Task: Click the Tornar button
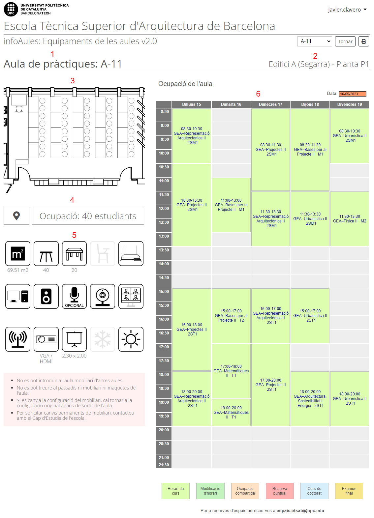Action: pyautogui.click(x=345, y=42)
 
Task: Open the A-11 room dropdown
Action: pyautogui.click(x=315, y=42)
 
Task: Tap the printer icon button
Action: pyautogui.click(x=363, y=42)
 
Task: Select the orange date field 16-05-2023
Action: pyautogui.click(x=352, y=94)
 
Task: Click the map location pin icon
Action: pyautogui.click(x=16, y=216)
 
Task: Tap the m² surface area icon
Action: pyautogui.click(x=18, y=254)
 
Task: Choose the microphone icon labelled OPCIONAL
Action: pyautogui.click(x=74, y=297)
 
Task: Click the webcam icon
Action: pyautogui.click(x=103, y=297)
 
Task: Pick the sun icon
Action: pyautogui.click(x=131, y=339)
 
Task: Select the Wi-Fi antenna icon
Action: pyautogui.click(x=18, y=339)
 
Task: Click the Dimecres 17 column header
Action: pyautogui.click(x=270, y=104)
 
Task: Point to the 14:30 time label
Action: pyautogui.click(x=164, y=278)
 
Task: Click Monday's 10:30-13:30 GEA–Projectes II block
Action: pyautogui.click(x=192, y=205)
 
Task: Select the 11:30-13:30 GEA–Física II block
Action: pyautogui.click(x=350, y=219)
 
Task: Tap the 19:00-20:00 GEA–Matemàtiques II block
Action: pyautogui.click(x=231, y=412)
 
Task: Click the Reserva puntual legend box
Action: pyautogui.click(x=280, y=491)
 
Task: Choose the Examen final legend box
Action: pyautogui.click(x=349, y=491)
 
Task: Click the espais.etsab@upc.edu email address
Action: pyautogui.click(x=300, y=511)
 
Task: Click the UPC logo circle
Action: pyautogui.click(x=11, y=9)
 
